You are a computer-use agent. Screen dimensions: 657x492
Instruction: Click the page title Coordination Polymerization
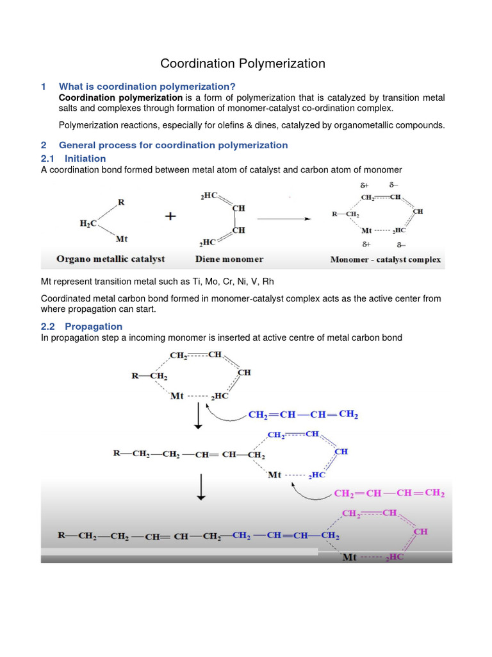pos(243,64)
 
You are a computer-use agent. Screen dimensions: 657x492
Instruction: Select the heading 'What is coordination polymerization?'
pos(147,87)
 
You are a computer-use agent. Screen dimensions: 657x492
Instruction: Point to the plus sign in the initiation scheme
pos(170,217)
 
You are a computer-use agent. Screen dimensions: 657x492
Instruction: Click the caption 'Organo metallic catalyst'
pos(111,259)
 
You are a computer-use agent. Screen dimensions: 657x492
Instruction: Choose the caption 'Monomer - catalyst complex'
pos(386,260)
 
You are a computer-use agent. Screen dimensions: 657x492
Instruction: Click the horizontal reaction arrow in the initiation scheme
pos(285,218)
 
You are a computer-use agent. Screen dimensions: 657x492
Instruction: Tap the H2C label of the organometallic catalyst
pos(88,223)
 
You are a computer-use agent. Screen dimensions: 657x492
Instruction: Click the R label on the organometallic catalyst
pos(121,203)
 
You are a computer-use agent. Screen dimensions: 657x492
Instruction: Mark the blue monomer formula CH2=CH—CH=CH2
pos(303,415)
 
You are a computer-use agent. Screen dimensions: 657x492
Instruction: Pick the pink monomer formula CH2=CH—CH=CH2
pos(389,493)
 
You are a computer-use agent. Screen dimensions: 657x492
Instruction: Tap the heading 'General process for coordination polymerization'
pos(173,145)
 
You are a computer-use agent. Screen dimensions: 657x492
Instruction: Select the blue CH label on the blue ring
pos(341,452)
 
